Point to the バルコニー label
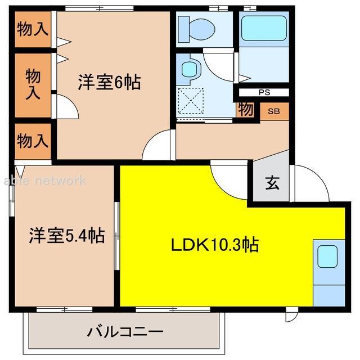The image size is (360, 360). [x=125, y=331]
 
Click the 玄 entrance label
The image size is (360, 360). [x=271, y=183]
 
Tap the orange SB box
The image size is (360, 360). [x=274, y=111]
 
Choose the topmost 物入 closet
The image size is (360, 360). [x=32, y=29]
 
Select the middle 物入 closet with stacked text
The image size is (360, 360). [x=32, y=84]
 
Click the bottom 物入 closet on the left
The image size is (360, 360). [x=32, y=141]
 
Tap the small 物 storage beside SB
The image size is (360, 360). [x=245, y=110]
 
